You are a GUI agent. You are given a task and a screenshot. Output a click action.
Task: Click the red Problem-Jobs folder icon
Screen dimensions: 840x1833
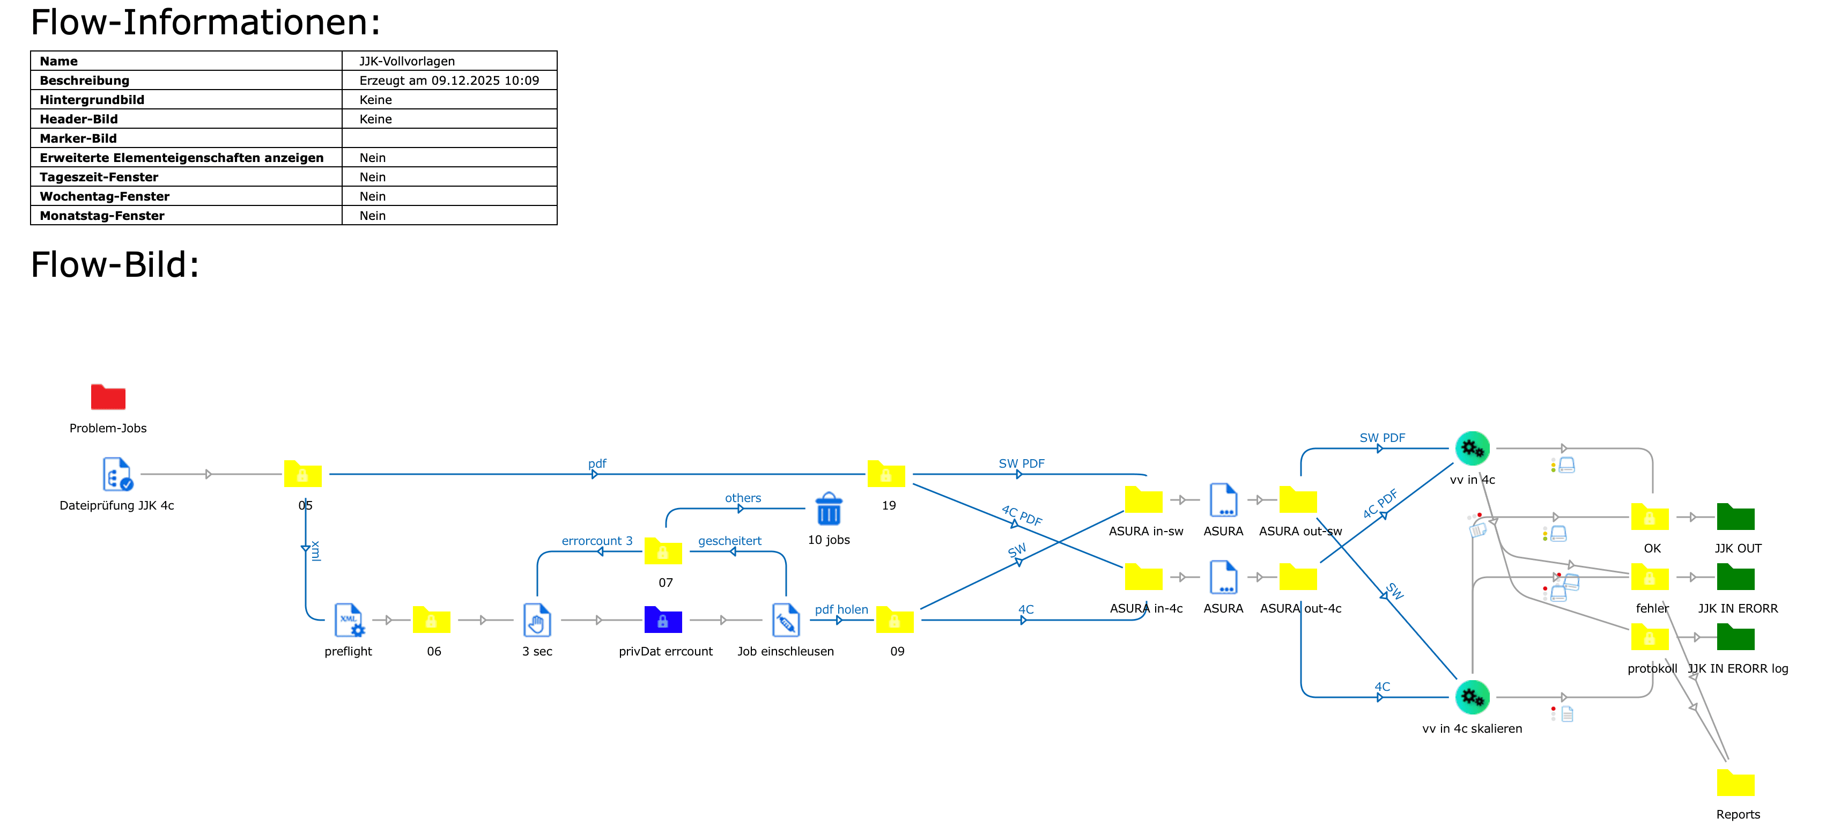(x=108, y=397)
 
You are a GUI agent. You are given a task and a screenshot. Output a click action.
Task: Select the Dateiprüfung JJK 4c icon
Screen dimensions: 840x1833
(x=117, y=474)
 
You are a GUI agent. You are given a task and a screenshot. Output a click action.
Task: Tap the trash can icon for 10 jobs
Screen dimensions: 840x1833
(x=828, y=509)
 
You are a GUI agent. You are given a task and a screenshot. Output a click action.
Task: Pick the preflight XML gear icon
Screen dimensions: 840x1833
(x=349, y=620)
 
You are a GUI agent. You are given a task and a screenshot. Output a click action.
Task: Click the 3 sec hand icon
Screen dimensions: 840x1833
(x=537, y=620)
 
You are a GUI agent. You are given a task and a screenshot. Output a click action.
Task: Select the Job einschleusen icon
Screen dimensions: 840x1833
(x=786, y=620)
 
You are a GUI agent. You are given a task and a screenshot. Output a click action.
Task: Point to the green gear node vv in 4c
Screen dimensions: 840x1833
(x=1472, y=448)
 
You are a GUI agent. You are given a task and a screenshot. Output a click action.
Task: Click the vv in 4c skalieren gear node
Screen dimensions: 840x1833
(x=1472, y=697)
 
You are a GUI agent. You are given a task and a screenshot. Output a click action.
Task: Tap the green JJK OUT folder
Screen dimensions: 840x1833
(x=1735, y=518)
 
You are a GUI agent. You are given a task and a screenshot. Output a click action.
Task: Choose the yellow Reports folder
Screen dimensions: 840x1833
(x=1735, y=783)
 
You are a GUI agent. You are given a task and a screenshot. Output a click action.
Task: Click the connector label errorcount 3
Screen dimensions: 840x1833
(x=596, y=541)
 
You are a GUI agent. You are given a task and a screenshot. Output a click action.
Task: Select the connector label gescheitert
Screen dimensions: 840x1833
(x=729, y=541)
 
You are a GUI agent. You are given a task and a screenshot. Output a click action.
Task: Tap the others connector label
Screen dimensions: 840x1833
(x=742, y=498)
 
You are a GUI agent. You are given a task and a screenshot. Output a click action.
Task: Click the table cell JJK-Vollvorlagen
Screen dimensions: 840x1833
(x=406, y=61)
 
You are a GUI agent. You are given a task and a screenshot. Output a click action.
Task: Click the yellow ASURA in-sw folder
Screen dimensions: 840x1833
(x=1143, y=500)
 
